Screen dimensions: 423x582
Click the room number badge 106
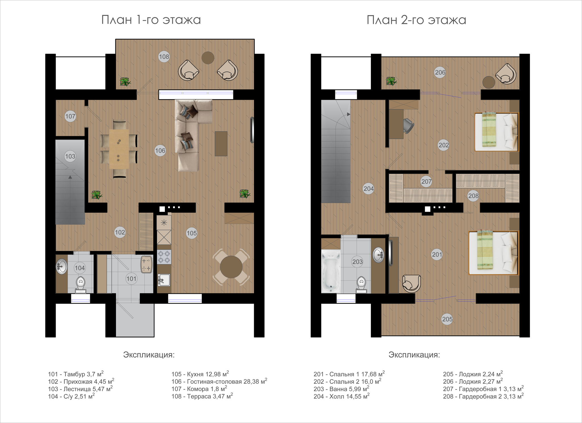click(x=160, y=151)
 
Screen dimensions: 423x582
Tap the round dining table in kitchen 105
click(x=231, y=267)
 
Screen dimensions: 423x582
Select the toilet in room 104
click(x=81, y=283)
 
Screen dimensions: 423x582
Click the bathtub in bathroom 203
click(x=331, y=271)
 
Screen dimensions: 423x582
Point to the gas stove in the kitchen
click(x=164, y=257)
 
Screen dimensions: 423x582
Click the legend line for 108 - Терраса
click(x=202, y=396)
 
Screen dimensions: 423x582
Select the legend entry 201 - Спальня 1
click(x=349, y=374)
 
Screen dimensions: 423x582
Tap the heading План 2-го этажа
click(x=416, y=20)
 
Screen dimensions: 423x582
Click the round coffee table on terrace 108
click(x=208, y=58)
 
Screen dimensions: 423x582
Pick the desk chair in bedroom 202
click(x=408, y=126)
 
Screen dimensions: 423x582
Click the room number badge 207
click(x=426, y=181)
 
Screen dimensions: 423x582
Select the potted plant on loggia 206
click(x=391, y=81)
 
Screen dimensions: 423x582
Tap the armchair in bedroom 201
click(x=411, y=283)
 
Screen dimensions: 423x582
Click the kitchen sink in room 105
click(x=164, y=280)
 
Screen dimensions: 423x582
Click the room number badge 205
click(x=447, y=319)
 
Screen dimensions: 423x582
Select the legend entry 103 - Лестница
click(x=80, y=389)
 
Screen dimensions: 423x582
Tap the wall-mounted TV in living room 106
click(x=252, y=130)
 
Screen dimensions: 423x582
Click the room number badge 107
click(x=70, y=116)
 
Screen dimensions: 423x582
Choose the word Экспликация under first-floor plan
click(x=149, y=355)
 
